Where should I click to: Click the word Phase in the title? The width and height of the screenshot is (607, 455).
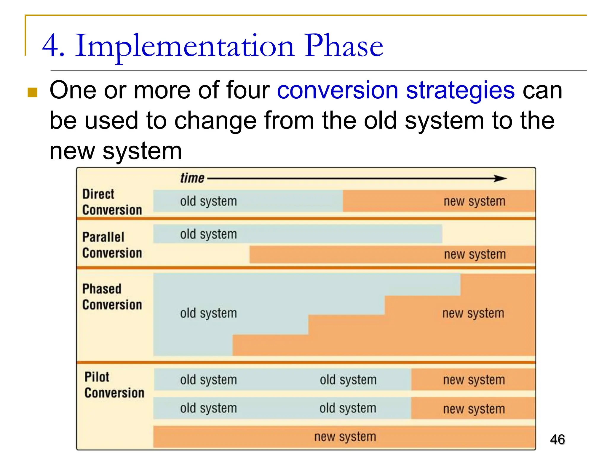tap(344, 46)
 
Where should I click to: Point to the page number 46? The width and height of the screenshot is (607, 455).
tap(557, 439)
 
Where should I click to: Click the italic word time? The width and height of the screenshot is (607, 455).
tap(192, 178)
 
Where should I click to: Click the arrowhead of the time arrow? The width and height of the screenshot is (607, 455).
tap(501, 178)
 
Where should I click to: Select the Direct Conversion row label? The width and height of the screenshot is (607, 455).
tap(112, 202)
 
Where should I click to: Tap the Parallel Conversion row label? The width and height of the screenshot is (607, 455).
tap(112, 245)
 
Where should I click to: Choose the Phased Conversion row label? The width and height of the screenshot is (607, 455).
tap(112, 297)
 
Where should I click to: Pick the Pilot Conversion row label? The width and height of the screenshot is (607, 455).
tap(114, 385)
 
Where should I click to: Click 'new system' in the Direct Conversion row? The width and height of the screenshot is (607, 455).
tap(474, 201)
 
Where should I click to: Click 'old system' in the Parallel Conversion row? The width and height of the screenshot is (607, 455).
tap(208, 234)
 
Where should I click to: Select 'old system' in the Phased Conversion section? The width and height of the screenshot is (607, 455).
tap(208, 313)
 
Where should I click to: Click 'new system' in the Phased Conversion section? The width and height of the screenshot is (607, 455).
tap(473, 313)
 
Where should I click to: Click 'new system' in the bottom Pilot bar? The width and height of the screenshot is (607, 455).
tap(345, 437)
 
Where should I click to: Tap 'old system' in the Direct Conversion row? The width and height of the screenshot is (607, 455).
tap(208, 201)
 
